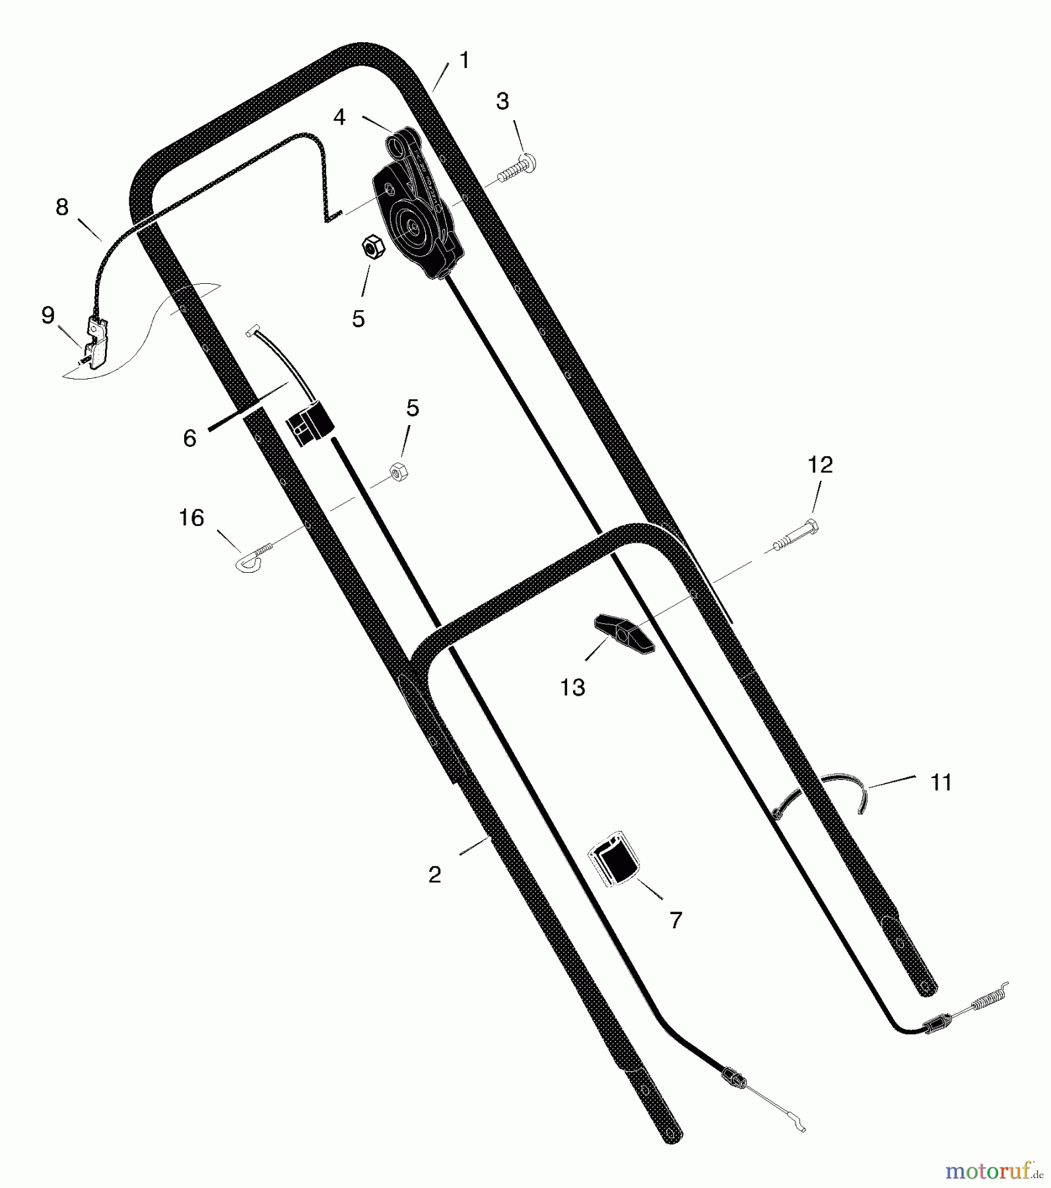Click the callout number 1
[464, 61]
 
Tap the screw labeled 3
[516, 168]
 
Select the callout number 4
[339, 117]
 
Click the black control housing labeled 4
[418, 205]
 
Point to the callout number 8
[61, 207]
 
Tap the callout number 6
[189, 438]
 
